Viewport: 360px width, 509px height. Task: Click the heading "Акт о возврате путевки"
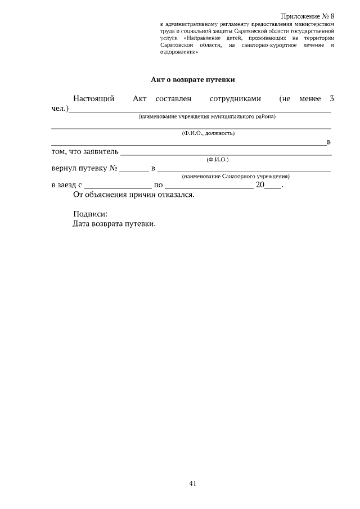click(192, 80)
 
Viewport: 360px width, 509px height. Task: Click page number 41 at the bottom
click(192, 483)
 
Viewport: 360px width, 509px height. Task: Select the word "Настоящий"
click(94, 99)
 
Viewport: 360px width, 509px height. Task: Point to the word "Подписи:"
click(90, 214)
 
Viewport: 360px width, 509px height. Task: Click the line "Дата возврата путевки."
click(114, 224)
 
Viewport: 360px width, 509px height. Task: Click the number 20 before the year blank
click(260, 184)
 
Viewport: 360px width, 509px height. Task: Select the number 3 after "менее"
click(332, 99)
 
